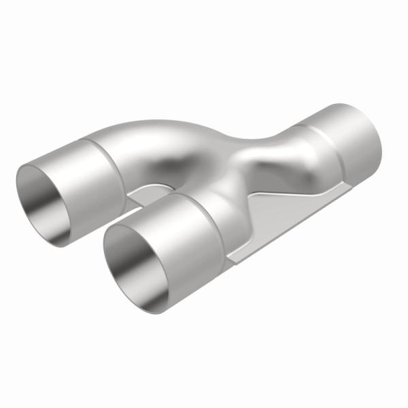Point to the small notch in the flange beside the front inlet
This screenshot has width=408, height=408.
click(235, 254)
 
